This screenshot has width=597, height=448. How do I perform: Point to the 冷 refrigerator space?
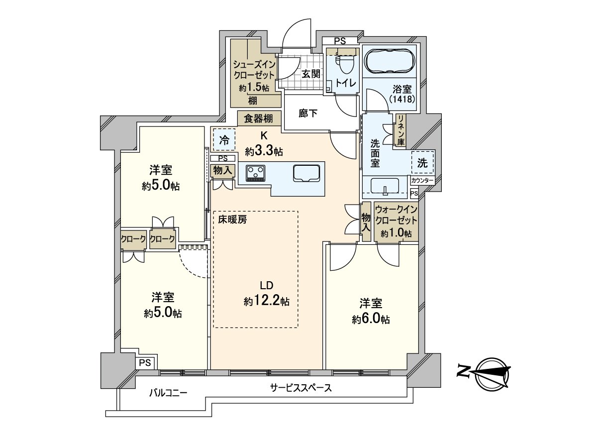tap(225, 141)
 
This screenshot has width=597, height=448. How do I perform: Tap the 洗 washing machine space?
tap(422, 162)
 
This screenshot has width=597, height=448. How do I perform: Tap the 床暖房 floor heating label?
tap(231, 219)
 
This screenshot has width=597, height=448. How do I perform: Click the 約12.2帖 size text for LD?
tap(267, 301)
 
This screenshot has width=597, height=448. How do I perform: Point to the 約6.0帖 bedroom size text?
tap(371, 320)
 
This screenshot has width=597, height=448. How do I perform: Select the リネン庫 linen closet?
tap(400, 131)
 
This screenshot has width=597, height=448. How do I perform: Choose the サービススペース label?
tap(301, 388)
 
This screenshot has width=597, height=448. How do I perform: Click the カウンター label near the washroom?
tap(422, 181)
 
